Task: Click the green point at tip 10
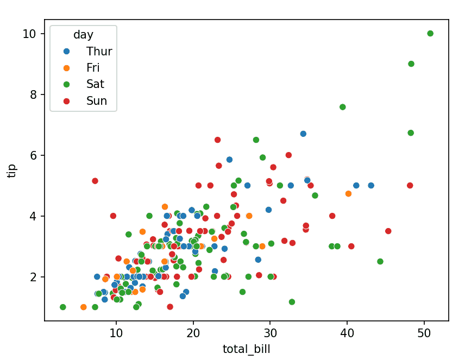(430, 34)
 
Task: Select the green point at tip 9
(411, 64)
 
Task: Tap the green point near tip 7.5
(343, 107)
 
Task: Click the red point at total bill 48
(410, 186)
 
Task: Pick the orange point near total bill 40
(348, 193)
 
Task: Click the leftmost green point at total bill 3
(63, 307)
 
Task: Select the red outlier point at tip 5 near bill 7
(95, 181)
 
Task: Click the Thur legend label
(99, 52)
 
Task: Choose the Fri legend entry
(93, 68)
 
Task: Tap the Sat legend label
(95, 84)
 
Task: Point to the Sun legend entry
(96, 100)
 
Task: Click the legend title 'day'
(83, 35)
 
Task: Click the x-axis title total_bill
(246, 349)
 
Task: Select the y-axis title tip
(12, 170)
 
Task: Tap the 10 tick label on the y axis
(29, 34)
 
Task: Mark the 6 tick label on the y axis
(33, 155)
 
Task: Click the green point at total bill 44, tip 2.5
(380, 262)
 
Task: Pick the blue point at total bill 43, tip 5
(371, 186)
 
